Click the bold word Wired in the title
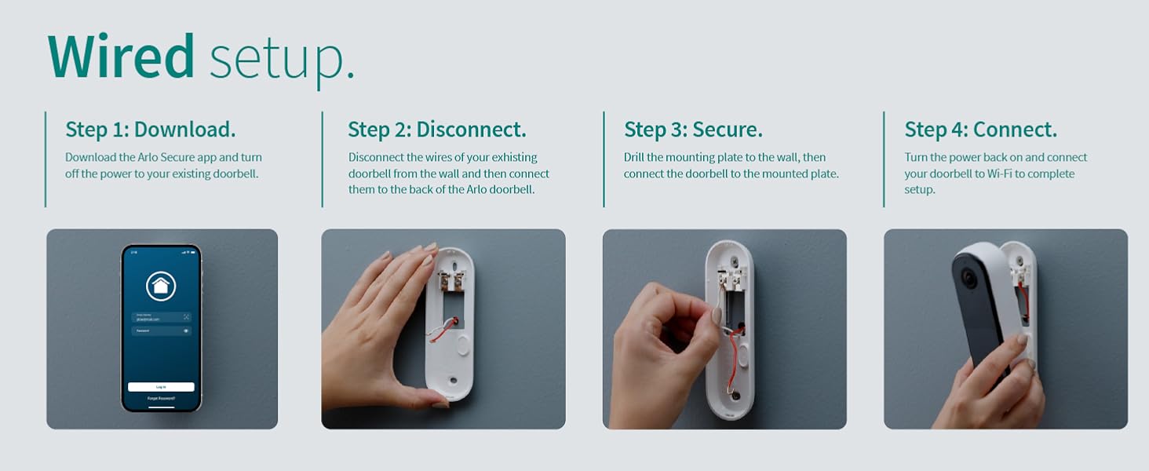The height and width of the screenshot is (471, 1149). (121, 57)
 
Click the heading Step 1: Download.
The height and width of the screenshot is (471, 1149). (150, 130)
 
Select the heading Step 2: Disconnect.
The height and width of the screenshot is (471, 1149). (436, 130)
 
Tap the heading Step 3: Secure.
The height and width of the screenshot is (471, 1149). (693, 130)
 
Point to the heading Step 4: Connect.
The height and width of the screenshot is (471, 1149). (980, 130)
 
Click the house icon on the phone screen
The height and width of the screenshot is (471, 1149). (161, 287)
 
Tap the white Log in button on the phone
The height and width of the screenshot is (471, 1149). (161, 387)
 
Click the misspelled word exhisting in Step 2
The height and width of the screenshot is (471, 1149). (509, 157)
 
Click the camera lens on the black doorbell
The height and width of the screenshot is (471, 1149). (968, 278)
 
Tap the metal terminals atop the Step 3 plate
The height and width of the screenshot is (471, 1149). (735, 275)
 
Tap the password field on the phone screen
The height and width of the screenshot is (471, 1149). (161, 331)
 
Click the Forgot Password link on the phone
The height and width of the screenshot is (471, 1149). (161, 399)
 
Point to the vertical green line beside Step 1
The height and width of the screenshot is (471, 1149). (46, 159)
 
